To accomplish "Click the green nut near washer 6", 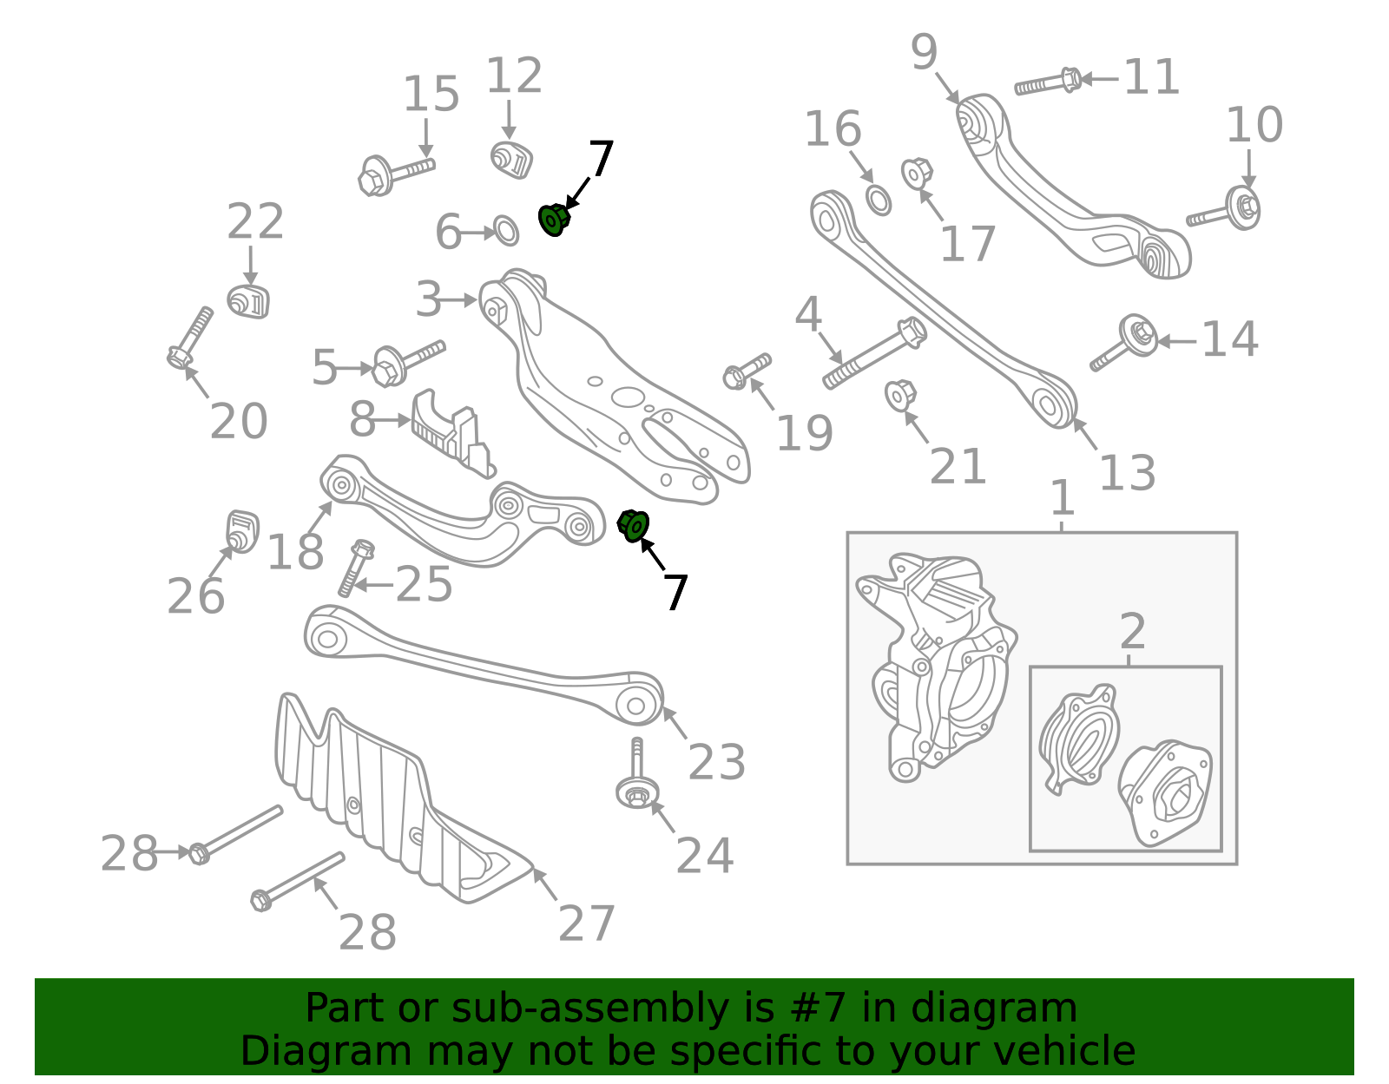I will click(553, 220).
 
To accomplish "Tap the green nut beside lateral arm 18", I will click(634, 525).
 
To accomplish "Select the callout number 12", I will click(514, 76).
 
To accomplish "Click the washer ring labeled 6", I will click(506, 231).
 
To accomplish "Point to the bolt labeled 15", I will click(396, 174).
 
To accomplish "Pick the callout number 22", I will click(255, 222).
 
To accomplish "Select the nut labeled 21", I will click(899, 395).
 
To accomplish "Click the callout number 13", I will click(1127, 473).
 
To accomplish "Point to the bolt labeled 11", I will click(1048, 84).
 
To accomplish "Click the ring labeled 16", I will click(879, 200).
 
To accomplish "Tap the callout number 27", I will click(587, 923).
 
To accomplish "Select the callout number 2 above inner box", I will click(1132, 632).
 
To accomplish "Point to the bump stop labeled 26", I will click(242, 530).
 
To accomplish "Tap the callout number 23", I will click(716, 762).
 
